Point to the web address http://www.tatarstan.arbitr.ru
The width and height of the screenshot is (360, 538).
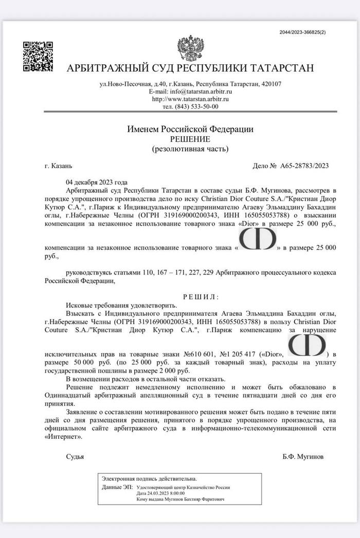(x=190, y=99)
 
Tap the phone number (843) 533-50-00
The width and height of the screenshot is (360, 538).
(x=197, y=106)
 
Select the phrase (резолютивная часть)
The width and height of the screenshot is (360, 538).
(x=190, y=149)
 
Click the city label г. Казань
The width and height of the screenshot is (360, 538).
(x=59, y=165)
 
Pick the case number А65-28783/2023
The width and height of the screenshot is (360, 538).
(x=304, y=165)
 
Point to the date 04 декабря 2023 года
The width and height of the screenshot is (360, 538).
(x=96, y=182)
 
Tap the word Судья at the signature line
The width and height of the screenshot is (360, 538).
(x=75, y=456)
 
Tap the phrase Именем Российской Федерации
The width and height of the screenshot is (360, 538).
(x=190, y=129)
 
